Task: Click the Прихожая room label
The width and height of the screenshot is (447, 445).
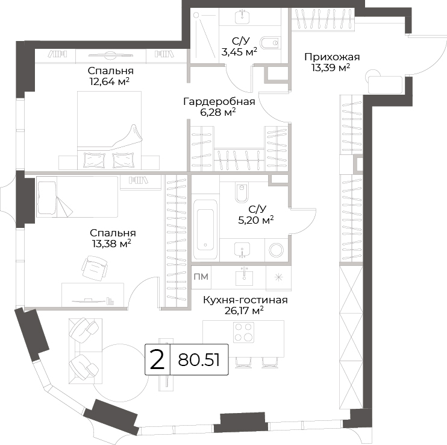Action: [x=332, y=57]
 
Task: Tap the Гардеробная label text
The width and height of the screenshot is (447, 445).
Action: [x=219, y=101]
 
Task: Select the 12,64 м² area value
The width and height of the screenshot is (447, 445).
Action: [x=110, y=81]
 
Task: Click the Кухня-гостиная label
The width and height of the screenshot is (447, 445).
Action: [x=245, y=300]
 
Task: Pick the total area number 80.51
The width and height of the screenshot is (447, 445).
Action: [x=199, y=360]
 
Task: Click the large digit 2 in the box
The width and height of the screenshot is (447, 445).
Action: [x=157, y=360]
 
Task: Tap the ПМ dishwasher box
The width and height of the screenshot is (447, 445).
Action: [x=201, y=277]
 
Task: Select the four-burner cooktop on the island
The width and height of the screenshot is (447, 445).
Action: [x=244, y=332]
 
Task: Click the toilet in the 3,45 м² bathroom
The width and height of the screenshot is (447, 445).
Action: [x=269, y=43]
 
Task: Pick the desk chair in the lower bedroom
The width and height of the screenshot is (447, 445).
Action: [x=95, y=267]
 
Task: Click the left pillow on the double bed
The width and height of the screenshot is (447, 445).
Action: [x=95, y=160]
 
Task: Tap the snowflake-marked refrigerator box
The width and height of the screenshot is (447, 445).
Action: [x=278, y=277]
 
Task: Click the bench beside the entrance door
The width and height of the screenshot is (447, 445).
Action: [x=385, y=84]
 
